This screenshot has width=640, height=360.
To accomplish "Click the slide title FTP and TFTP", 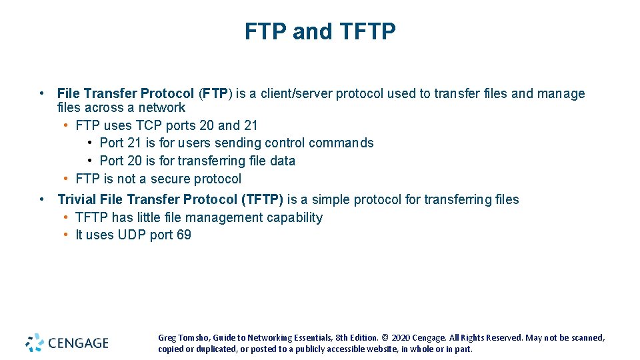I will click(320, 31).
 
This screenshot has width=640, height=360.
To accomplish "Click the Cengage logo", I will click(67, 343).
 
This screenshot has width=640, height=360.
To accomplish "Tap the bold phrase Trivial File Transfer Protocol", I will click(148, 199).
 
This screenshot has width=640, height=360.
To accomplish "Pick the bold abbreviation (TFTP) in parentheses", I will click(263, 199).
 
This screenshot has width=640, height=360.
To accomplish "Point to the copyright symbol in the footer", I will click(385, 338).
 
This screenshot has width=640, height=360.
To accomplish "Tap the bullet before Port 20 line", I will click(90, 161).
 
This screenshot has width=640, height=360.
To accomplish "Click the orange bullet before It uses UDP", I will click(67, 235).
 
